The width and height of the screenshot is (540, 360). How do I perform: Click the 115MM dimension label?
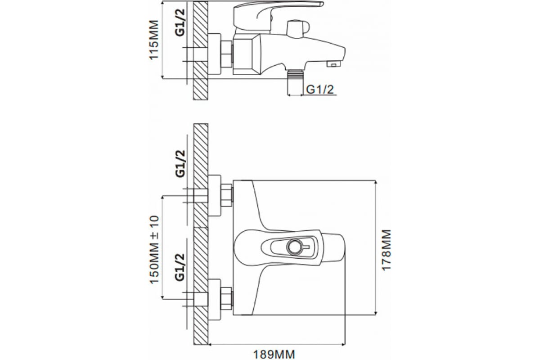tap(154, 40)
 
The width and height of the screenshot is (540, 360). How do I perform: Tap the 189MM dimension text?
tap(274, 355)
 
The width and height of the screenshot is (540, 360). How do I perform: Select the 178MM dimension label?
tap(387, 250)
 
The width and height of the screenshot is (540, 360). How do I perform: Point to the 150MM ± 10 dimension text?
tap(154, 250)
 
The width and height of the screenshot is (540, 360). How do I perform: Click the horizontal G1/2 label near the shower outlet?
tap(320, 90)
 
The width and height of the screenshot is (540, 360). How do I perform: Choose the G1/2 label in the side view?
tap(180, 22)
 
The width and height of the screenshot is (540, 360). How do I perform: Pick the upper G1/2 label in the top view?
tap(180, 164)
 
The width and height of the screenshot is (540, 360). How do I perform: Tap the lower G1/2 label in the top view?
tap(180, 267)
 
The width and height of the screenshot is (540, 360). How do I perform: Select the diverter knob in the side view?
tap(297, 29)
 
